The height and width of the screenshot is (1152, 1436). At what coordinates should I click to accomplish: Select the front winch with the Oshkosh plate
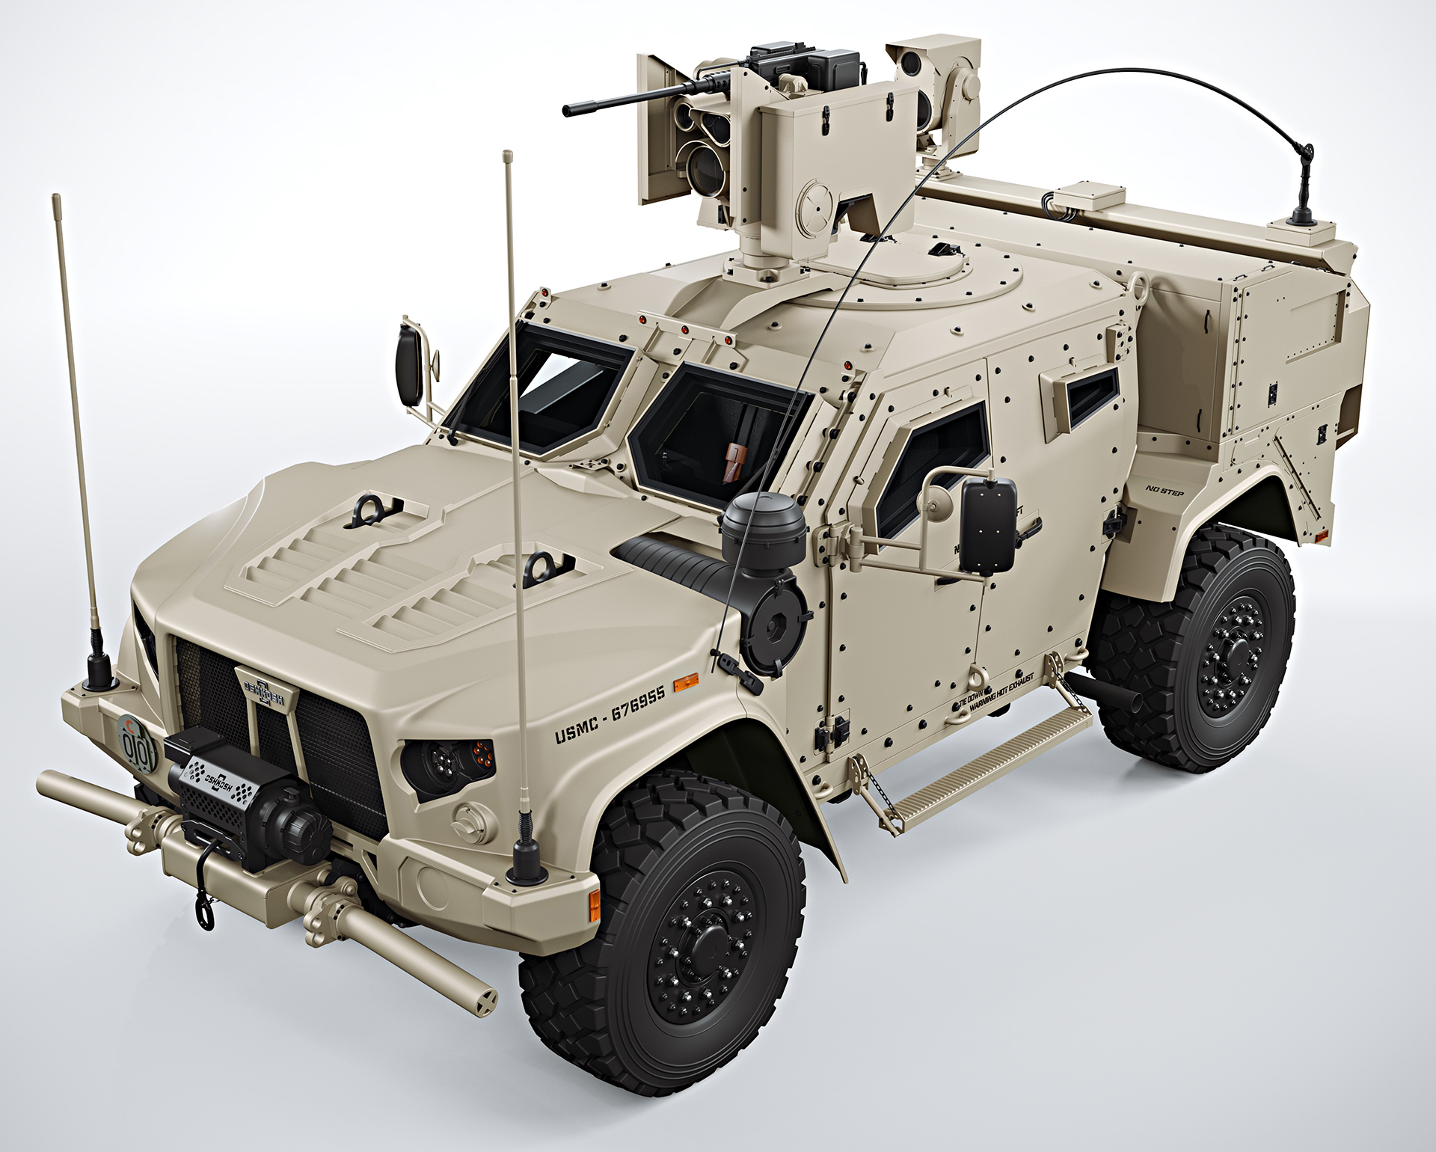(x=247, y=804)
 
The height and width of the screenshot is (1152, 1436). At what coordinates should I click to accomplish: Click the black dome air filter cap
(x=763, y=527)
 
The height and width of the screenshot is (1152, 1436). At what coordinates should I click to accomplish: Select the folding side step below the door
(x=980, y=774)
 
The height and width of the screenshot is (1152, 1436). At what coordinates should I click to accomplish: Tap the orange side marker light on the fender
(x=685, y=681)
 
